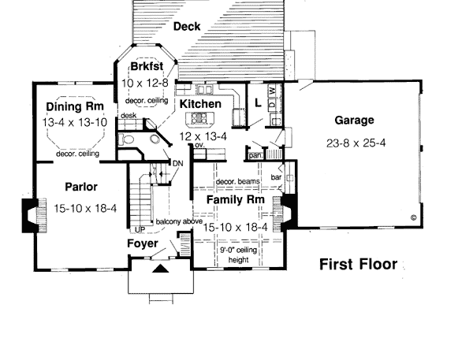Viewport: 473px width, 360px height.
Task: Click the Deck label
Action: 187,27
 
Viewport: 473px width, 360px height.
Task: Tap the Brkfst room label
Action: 147,66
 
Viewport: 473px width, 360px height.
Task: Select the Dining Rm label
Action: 75,106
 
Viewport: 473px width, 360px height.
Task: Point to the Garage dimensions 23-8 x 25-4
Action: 356,143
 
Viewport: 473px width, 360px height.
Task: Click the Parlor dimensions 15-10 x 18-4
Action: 85,208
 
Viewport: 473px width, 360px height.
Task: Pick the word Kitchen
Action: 200,104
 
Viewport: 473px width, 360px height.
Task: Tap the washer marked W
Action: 272,90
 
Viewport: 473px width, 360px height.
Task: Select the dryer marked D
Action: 272,104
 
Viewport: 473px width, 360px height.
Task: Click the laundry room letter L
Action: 258,103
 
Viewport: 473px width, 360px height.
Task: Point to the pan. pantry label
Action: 255,155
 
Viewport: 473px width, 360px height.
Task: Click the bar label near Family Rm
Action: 276,177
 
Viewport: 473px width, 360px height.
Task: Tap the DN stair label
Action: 177,164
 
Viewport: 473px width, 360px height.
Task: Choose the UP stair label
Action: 140,230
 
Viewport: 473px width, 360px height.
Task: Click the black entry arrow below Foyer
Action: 160,269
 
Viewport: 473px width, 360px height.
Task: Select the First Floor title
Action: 359,265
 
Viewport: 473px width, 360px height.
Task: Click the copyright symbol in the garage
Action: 414,217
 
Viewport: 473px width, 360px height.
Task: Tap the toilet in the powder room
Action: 126,139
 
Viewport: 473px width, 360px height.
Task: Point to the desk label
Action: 128,116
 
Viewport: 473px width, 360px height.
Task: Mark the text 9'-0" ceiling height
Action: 238,254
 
